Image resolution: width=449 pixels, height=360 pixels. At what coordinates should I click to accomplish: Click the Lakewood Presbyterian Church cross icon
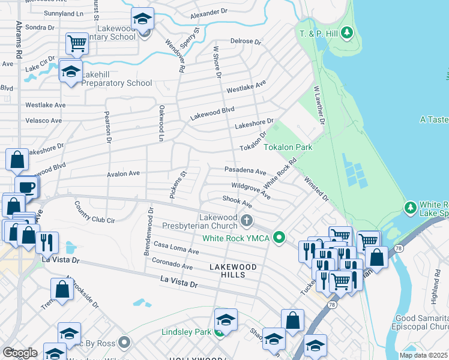(246, 221)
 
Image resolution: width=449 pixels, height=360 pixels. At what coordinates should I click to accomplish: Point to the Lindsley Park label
(187, 332)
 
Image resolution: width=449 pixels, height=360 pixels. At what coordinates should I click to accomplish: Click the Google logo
(20, 352)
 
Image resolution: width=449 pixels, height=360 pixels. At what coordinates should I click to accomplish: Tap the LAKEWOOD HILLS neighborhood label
(233, 270)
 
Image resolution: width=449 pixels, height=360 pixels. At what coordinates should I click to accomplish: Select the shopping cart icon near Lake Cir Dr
(77, 43)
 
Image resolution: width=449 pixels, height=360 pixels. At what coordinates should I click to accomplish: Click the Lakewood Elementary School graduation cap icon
(142, 19)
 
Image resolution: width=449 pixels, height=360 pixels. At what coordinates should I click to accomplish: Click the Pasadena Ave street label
(245, 171)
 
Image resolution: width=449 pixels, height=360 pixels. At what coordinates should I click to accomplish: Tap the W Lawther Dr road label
(318, 104)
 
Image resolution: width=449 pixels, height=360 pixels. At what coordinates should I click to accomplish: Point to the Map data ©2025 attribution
(423, 355)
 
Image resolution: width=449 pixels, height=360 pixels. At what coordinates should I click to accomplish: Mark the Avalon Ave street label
(123, 173)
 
